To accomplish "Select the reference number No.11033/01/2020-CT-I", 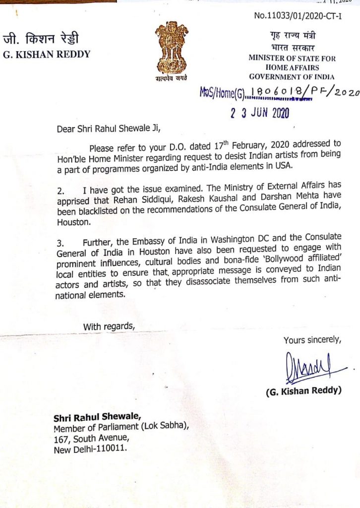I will (298, 15).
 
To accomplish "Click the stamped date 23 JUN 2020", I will (259, 113).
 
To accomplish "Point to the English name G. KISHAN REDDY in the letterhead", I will (47, 55).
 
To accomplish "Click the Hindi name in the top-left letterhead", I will (41, 39).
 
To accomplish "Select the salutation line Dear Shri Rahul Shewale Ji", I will (109, 130).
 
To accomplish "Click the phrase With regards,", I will (109, 326).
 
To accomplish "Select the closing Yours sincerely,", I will (312, 340).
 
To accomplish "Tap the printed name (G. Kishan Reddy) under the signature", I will (303, 391).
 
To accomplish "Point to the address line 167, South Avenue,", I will (92, 438).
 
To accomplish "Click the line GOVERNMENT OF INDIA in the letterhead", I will (292, 76).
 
